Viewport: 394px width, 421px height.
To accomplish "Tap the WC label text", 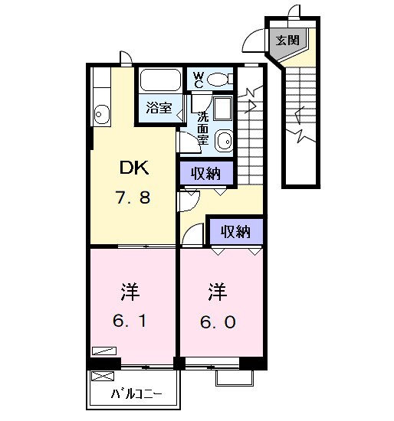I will (x=198, y=79).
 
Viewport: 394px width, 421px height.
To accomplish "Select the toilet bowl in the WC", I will (x=220, y=78).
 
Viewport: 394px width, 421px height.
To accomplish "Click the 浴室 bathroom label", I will (x=159, y=109).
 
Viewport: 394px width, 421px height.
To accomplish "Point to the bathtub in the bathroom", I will (x=161, y=81).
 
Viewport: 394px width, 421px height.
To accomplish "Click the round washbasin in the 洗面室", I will (x=224, y=140).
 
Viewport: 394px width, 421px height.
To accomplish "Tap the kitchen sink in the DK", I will (x=102, y=115).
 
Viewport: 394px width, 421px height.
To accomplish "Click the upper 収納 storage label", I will (x=206, y=174).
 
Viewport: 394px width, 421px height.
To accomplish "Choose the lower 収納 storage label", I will (x=236, y=232).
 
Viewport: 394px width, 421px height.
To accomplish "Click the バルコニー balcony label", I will (x=136, y=395).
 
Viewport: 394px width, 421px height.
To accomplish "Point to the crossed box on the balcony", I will (x=101, y=377).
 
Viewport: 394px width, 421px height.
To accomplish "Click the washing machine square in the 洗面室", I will (x=223, y=108).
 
